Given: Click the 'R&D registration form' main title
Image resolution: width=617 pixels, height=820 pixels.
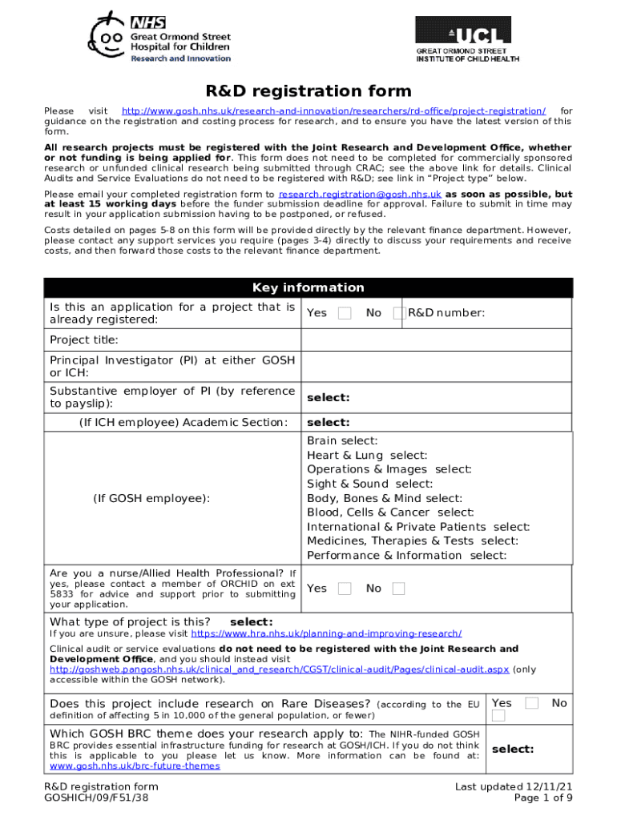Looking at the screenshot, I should pyautogui.click(x=308, y=91).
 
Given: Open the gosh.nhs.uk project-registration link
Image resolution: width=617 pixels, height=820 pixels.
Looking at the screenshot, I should pyautogui.click(x=333, y=111).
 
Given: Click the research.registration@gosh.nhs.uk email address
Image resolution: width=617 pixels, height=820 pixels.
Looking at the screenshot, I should pyautogui.click(x=360, y=195).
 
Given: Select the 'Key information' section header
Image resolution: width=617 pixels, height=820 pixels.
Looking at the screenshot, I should pyautogui.click(x=308, y=287).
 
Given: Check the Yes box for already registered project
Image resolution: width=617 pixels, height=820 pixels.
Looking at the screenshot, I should pyautogui.click(x=345, y=313).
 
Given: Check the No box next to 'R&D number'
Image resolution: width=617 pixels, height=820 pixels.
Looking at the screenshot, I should pyautogui.click(x=398, y=313).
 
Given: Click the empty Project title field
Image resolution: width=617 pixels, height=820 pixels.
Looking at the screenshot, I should pyautogui.click(x=437, y=340).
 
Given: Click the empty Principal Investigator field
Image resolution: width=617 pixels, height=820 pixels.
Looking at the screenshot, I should pyautogui.click(x=437, y=367).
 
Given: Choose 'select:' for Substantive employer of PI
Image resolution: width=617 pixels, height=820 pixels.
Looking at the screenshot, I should pyautogui.click(x=329, y=398).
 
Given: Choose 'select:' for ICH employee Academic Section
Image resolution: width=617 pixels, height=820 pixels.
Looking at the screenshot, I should pyautogui.click(x=329, y=423).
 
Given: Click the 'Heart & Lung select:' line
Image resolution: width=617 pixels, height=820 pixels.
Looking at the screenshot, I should pyautogui.click(x=367, y=456).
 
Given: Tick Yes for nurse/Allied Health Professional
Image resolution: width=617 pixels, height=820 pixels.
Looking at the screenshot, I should pyautogui.click(x=345, y=589).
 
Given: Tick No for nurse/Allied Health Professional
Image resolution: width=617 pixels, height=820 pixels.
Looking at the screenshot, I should pyautogui.click(x=398, y=589).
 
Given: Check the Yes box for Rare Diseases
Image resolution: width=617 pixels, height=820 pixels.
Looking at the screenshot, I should pyautogui.click(x=531, y=703).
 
